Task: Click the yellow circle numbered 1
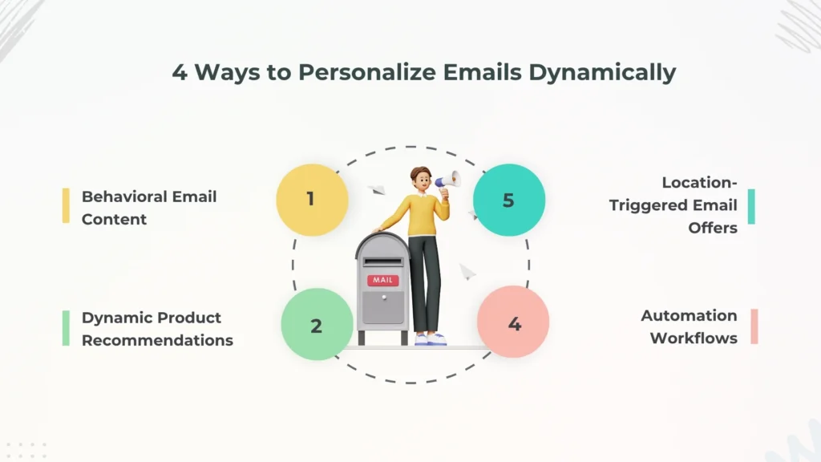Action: point(312,200)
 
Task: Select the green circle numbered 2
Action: point(317,325)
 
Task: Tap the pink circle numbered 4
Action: point(513,322)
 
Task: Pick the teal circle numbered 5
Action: point(508,200)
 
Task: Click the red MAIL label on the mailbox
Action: point(382,280)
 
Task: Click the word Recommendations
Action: point(157,340)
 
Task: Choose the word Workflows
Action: point(694,338)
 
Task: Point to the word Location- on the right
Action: point(700,183)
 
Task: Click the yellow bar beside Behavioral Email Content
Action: point(66,206)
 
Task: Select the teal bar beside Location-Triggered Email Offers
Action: point(752,206)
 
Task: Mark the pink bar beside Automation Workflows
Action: point(754,326)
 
